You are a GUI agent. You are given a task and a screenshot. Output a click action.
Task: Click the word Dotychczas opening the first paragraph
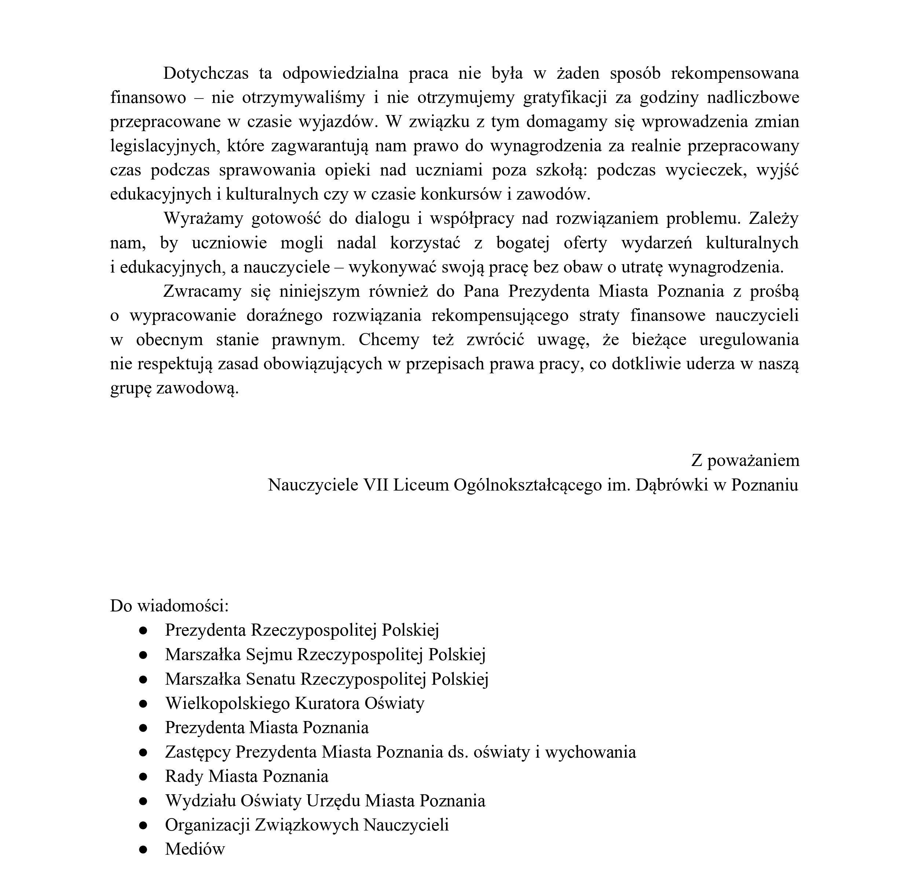tap(205, 73)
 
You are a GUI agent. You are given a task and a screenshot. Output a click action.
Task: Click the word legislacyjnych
tap(164, 146)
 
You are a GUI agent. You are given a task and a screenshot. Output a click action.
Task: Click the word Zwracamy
tap(202, 291)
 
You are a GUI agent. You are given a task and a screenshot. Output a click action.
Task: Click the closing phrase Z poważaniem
tap(745, 461)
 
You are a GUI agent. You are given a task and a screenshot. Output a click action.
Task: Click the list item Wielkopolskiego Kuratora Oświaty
tap(294, 703)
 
